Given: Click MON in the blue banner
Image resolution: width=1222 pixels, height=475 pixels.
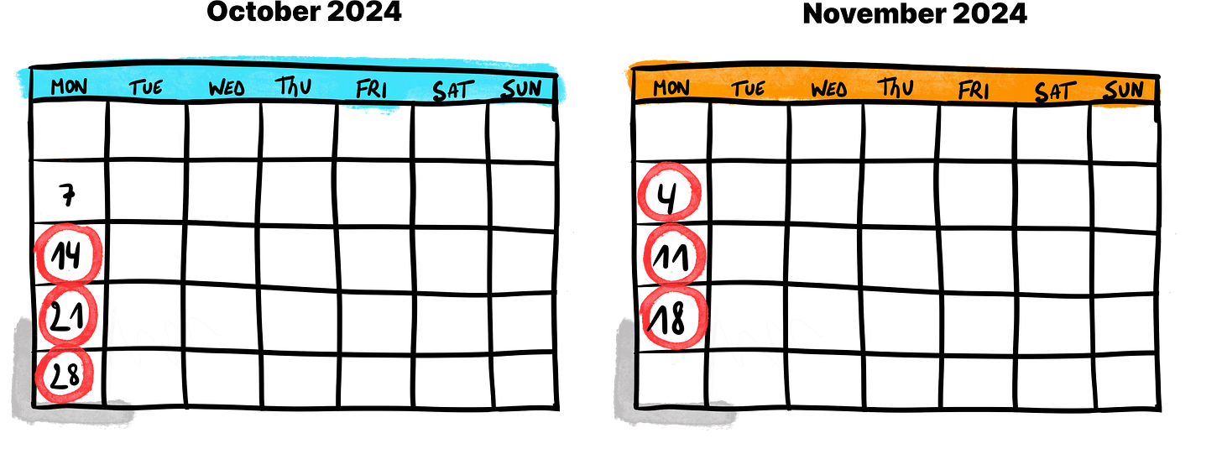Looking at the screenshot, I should point(69,86).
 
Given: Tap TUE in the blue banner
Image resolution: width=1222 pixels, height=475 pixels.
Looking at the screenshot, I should point(146,87).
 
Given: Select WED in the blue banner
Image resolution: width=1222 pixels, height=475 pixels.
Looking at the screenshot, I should point(226,87).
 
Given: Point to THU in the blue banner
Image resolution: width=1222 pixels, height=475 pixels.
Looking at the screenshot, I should point(293,86).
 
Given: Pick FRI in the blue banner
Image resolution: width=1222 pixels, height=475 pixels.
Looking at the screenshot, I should point(371,88).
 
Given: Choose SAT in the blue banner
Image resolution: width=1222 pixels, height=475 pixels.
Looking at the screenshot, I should point(453,89).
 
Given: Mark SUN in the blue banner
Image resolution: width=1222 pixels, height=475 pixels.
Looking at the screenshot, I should point(521,89).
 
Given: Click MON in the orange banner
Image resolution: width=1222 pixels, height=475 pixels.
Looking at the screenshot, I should point(671,87).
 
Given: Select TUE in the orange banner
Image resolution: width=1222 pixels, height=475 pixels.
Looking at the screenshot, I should point(748,88).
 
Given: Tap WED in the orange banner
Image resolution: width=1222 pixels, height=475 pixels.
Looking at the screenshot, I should point(828,89).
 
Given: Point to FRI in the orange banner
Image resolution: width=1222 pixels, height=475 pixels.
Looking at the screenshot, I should point(974,90).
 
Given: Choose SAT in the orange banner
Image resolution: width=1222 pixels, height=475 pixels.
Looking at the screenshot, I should point(1054,91).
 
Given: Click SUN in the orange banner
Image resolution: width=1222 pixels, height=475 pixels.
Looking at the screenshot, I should point(1123,90).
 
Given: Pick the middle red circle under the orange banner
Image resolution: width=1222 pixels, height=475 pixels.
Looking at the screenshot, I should point(672,256).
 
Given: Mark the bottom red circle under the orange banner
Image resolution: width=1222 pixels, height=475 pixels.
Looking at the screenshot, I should point(673,316).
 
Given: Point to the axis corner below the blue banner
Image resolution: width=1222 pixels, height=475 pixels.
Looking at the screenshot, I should point(35,405).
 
